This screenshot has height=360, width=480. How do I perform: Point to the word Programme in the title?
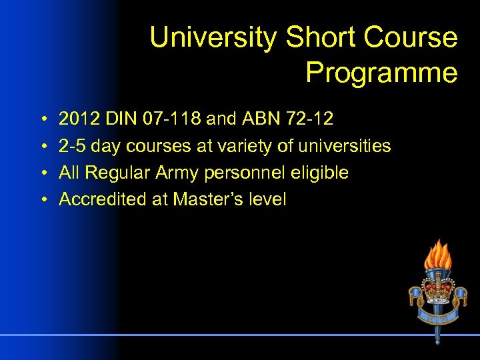tap(381, 73)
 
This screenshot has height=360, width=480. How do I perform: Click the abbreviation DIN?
tap(120, 119)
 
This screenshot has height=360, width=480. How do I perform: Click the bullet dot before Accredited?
tap(42, 200)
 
